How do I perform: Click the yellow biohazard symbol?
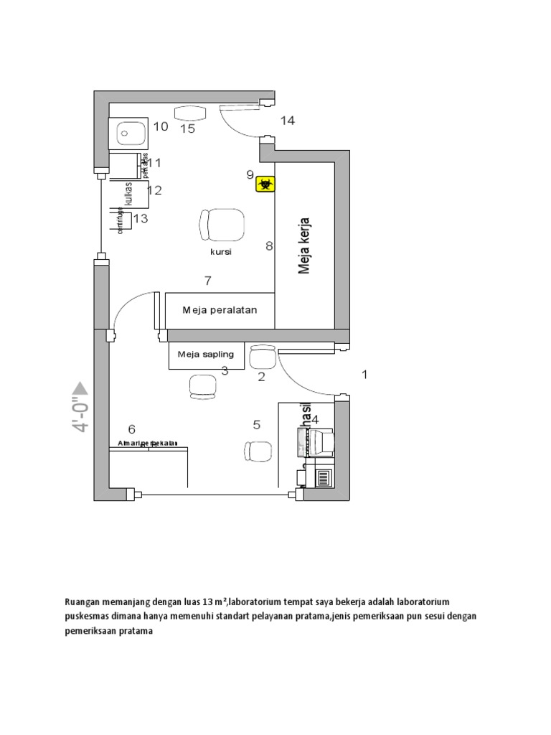coord(266,184)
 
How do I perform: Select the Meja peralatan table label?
coord(219,310)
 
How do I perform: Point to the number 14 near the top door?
coord(287,121)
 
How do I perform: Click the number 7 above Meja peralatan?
coord(208,281)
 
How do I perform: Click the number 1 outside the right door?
coord(364,375)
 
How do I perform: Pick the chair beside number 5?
coord(256,451)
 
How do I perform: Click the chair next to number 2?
coord(262,357)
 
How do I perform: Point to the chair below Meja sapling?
coord(202,385)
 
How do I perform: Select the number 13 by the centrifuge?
coord(141,218)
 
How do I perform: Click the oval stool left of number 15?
coord(190,112)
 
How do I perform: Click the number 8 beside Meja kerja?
coord(269,246)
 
